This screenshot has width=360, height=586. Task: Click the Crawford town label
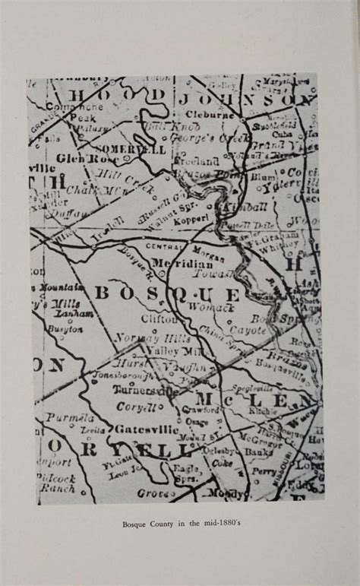point(199,410)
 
